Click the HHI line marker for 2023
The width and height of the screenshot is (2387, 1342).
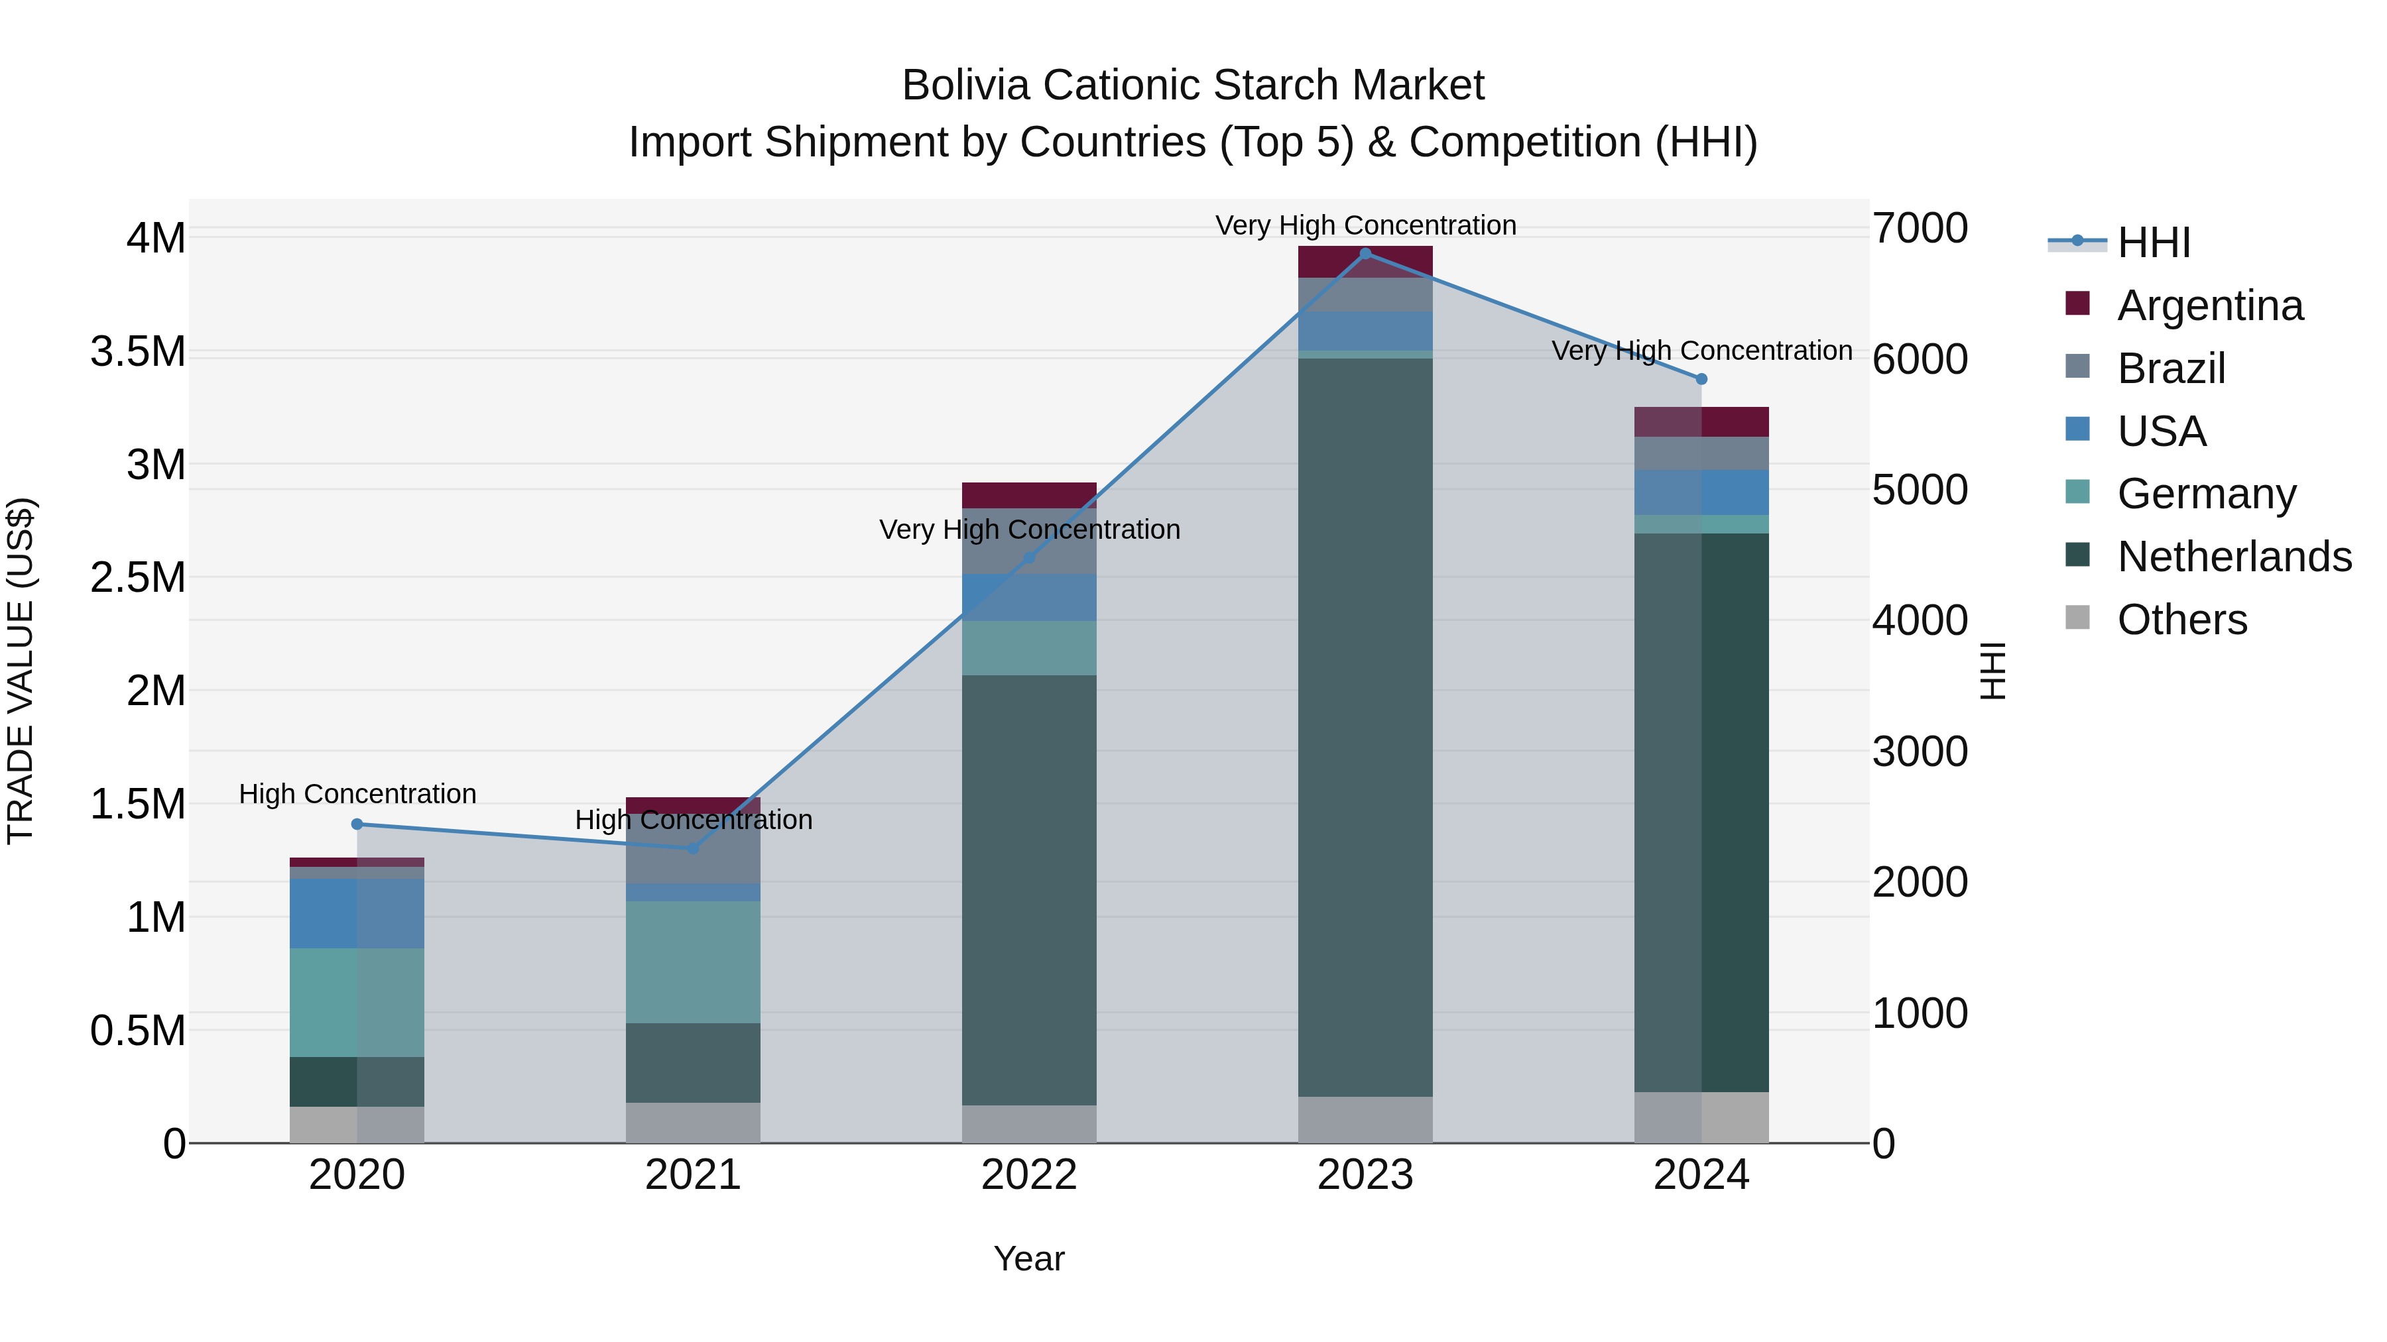(x=1365, y=254)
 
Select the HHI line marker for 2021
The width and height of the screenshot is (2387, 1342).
(x=693, y=848)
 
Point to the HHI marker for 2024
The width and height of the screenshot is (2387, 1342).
(x=1701, y=379)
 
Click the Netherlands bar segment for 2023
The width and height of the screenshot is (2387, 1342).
(x=1365, y=727)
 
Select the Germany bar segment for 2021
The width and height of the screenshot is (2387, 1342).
(x=693, y=962)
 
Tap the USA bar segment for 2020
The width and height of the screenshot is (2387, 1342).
(x=357, y=913)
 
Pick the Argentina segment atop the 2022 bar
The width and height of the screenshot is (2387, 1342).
(x=1028, y=494)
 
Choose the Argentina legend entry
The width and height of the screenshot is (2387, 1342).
(x=2210, y=306)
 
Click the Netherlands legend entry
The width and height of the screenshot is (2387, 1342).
(x=2234, y=557)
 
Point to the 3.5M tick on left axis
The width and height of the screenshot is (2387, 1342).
(x=138, y=352)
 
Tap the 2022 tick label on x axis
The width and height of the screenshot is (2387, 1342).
(x=1028, y=1175)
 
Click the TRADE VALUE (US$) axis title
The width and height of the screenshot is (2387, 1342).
(x=21, y=671)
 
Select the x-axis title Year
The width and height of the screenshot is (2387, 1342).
(x=1028, y=1258)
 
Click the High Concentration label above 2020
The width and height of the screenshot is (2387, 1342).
(x=357, y=794)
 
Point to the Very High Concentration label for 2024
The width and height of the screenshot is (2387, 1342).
(x=1701, y=351)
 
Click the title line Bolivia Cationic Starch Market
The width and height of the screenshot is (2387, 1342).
(x=1193, y=85)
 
